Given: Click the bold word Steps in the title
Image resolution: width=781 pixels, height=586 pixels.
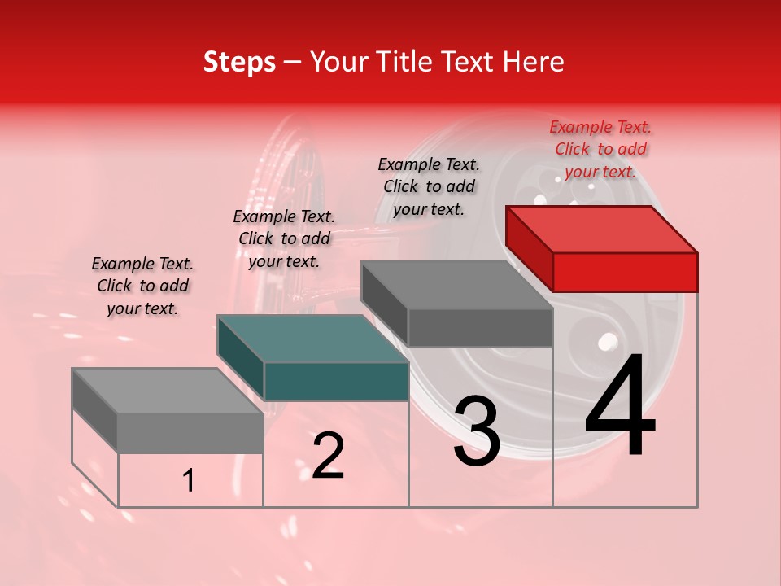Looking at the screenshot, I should [239, 62].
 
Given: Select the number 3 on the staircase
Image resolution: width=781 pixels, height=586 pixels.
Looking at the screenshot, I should [476, 431].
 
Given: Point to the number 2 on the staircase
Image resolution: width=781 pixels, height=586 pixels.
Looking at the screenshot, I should [328, 456].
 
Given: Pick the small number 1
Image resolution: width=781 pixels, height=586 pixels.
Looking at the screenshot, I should [189, 481].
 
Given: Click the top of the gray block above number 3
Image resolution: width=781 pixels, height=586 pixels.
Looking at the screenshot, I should [457, 285].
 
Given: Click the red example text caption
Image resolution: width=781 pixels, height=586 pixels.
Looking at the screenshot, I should [600, 149].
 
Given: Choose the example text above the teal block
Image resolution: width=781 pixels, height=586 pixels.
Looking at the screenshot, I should [284, 238].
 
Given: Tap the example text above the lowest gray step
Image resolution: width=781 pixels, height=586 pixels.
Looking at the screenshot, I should [142, 286].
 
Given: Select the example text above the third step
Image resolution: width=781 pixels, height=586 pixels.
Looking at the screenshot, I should [429, 186].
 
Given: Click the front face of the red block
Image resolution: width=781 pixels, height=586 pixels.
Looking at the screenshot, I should [625, 272].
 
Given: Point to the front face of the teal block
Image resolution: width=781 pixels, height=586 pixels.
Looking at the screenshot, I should [336, 381].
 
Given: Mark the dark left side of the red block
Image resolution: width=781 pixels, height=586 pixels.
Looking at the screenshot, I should [529, 247].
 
